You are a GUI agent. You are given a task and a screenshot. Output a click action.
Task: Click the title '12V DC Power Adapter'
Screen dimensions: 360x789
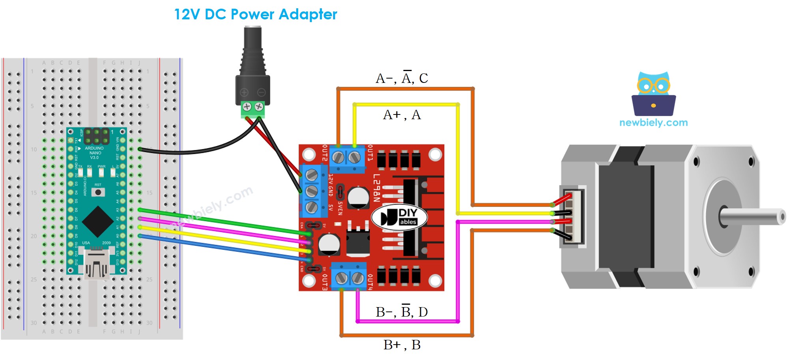(256, 15)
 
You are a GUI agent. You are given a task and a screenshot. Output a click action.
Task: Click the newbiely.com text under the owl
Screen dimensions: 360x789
(653, 123)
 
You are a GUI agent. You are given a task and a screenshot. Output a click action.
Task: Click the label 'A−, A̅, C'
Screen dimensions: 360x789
(402, 78)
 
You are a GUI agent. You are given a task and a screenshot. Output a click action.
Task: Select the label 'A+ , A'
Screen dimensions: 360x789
(402, 115)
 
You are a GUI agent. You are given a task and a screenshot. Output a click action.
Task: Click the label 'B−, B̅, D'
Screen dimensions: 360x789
(402, 312)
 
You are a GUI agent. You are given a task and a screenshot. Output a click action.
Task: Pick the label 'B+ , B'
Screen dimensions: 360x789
(402, 345)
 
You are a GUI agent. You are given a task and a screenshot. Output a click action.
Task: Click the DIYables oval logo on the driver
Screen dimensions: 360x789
(399, 217)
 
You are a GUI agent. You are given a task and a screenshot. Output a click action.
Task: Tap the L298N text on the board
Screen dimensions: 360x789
(376, 187)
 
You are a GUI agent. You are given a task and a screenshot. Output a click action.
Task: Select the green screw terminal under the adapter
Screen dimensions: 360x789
(253, 109)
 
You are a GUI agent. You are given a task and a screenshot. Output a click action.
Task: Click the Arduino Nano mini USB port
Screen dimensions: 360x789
(97, 264)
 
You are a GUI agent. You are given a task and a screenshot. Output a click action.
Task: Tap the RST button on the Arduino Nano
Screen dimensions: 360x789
(98, 192)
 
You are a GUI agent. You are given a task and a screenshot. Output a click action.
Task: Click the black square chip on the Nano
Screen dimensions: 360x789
(97, 221)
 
